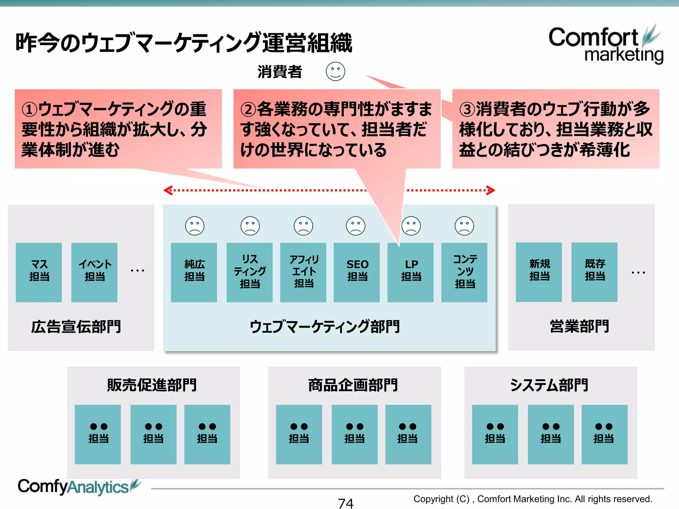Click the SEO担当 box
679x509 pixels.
pos(357,272)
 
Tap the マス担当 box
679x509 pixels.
pos(39,272)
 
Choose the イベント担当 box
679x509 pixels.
pos(94,272)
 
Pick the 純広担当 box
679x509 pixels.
pos(194,272)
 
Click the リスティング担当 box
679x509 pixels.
pos(250,272)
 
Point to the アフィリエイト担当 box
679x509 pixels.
pos(303,272)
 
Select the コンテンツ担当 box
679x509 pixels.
pos(464,272)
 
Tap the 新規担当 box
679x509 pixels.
pos(539,272)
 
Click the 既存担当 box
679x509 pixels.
pos(594,272)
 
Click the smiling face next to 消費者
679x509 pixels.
pos(336,71)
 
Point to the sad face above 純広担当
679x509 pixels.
pos(195,226)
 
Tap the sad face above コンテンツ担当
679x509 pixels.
pos(464,226)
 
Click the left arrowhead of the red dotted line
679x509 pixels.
pos(167,190)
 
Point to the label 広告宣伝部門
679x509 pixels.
pos(76,327)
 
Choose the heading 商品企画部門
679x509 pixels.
pos(353,385)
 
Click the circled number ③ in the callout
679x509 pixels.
pos(467,109)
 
